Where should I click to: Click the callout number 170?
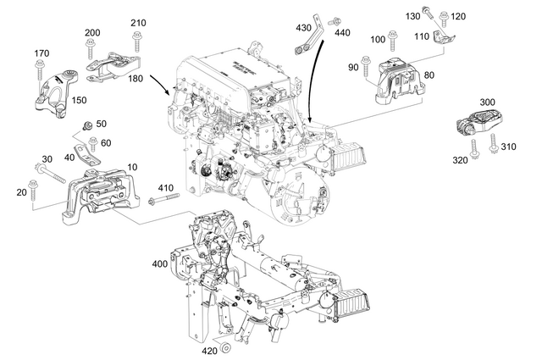(x=40, y=54)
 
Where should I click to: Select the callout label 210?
(x=138, y=22)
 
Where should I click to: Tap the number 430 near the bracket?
(x=302, y=28)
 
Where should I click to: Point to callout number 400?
(x=159, y=264)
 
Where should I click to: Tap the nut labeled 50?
(x=86, y=126)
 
